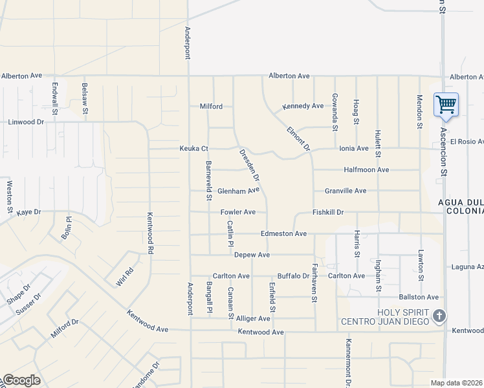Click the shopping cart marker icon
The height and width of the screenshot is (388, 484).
pos(446,103)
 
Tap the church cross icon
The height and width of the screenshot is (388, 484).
pos(439,316)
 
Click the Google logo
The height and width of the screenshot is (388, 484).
pos(21,380)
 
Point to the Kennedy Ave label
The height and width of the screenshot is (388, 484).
pos(303,106)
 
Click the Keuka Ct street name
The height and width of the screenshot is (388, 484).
pos(193,149)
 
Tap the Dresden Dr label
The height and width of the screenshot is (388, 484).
pos(249,166)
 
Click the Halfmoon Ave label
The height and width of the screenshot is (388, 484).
pos(366,169)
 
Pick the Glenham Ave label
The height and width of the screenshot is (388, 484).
pos(238,191)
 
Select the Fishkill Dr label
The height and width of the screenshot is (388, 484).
pos(327,212)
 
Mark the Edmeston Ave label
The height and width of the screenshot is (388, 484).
pos(283,233)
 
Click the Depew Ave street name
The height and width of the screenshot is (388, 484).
pos(252,255)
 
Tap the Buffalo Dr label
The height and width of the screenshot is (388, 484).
pos(294,275)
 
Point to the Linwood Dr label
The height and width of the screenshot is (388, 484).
pos(26,122)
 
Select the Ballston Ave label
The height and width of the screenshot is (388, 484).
pos(419,297)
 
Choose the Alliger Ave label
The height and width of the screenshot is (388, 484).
pos(253,318)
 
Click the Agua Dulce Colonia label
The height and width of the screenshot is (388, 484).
pos(461,206)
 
